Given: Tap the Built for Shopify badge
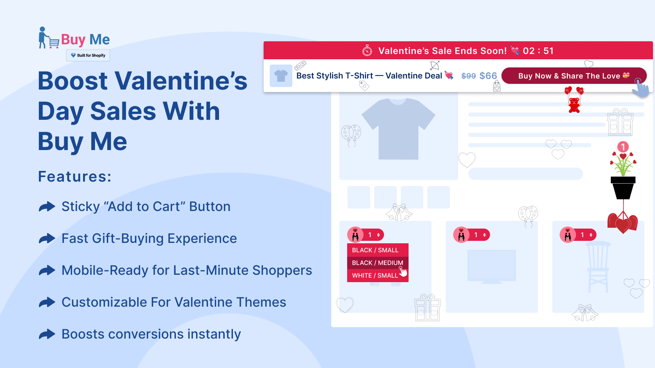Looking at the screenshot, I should point(88,55).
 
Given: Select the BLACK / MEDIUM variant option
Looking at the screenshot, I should point(377,263).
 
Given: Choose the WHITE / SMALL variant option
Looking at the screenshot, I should point(375,276).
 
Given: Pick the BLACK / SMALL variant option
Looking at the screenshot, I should point(375,250).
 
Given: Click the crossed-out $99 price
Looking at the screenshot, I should point(468,76).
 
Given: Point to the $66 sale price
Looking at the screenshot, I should point(488,76).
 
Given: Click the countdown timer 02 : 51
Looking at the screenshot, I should point(538,51).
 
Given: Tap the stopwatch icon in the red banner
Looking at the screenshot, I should point(367,51).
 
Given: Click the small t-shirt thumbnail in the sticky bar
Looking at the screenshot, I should point(281,76).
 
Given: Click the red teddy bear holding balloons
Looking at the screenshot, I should point(574,104).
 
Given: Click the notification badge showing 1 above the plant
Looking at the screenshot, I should point(623,147).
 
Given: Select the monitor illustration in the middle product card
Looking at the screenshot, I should point(491,266).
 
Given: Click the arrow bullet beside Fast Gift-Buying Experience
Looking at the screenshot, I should point(47,238).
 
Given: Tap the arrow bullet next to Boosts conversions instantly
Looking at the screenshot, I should point(47,334).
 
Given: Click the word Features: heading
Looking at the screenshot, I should point(75,177).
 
